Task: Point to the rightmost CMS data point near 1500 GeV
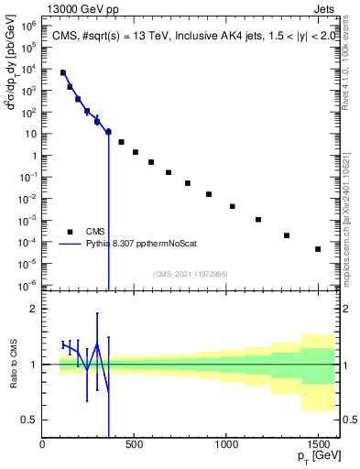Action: pyautogui.click(x=318, y=249)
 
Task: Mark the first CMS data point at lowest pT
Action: pyautogui.click(x=63, y=72)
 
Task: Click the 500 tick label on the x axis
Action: pyautogui.click(x=135, y=445)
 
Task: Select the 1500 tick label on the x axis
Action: pyautogui.click(x=318, y=445)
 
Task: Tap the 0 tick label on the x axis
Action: pyautogui.click(x=43, y=445)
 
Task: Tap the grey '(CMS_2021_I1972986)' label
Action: pyautogui.click(x=190, y=274)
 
